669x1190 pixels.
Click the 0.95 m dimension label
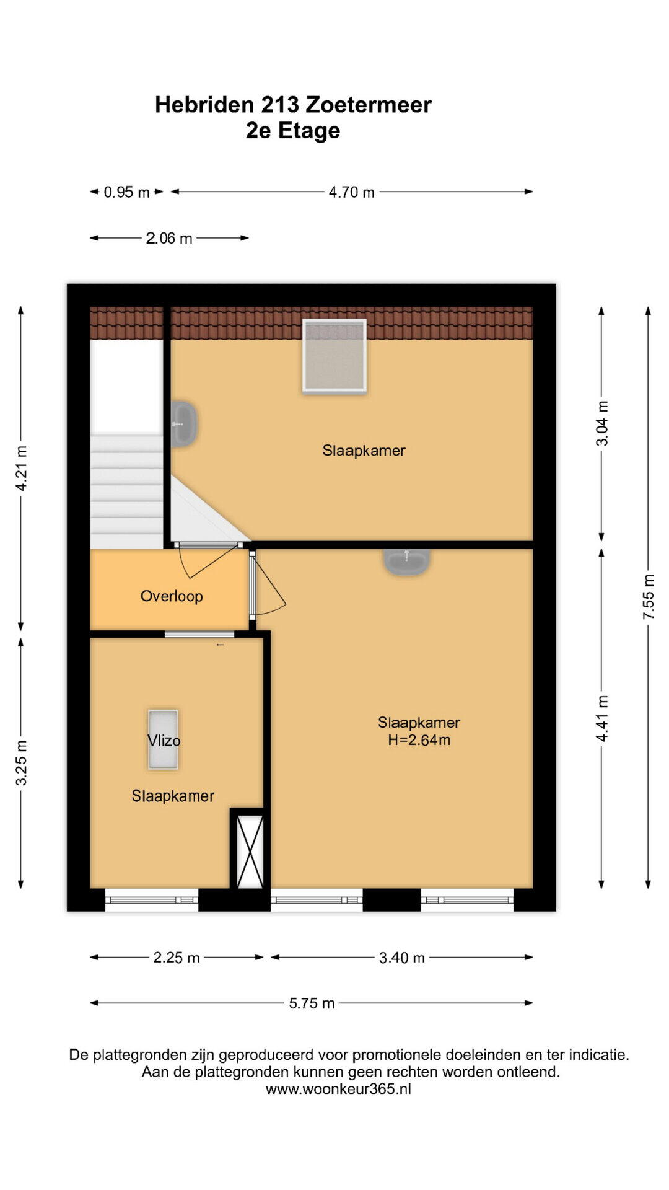126,192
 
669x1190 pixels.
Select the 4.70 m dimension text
351,192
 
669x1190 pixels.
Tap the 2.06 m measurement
169,238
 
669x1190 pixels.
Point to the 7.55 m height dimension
648,596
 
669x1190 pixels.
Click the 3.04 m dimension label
601,423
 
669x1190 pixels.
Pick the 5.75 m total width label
312,1003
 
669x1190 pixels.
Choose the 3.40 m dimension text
402,958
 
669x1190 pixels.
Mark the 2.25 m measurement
177,958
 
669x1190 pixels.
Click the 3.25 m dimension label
21,763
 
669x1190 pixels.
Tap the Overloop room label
172,596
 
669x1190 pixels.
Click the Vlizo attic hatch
163,739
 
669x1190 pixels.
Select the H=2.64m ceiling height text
419,739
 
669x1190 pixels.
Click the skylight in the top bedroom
334,356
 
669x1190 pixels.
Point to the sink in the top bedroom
184,424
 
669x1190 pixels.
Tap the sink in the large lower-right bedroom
406,562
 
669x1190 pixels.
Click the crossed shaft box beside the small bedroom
250,852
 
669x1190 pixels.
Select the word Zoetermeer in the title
369,105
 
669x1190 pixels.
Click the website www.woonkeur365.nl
338,1089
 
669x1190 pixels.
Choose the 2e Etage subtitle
293,131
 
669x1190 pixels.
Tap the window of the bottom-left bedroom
152,900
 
